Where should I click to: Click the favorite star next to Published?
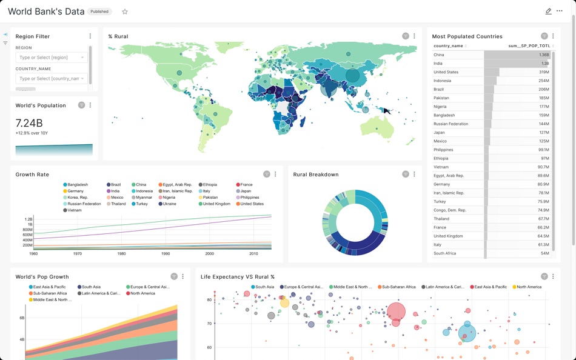click(x=125, y=12)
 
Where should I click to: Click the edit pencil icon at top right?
click(x=548, y=12)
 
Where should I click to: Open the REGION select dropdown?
click(x=52, y=58)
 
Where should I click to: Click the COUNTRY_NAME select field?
click(x=52, y=78)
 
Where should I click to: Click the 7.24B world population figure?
click(x=29, y=123)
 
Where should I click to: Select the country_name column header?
click(x=449, y=46)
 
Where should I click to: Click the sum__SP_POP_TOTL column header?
click(x=529, y=46)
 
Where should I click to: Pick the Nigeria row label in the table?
click(x=440, y=107)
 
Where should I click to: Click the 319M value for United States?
click(x=543, y=72)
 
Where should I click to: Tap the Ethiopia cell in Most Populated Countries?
click(x=441, y=158)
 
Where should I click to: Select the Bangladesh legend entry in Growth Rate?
click(x=78, y=185)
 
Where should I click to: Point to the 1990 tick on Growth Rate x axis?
click(x=166, y=254)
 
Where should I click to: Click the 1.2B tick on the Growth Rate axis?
click(x=28, y=219)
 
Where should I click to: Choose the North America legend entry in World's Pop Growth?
click(x=142, y=293)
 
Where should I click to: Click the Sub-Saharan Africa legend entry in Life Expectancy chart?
click(x=398, y=287)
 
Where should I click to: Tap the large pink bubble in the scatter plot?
click(x=396, y=312)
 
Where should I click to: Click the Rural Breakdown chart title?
click(x=315, y=175)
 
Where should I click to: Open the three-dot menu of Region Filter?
click(x=90, y=36)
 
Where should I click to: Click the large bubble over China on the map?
click(x=352, y=76)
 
